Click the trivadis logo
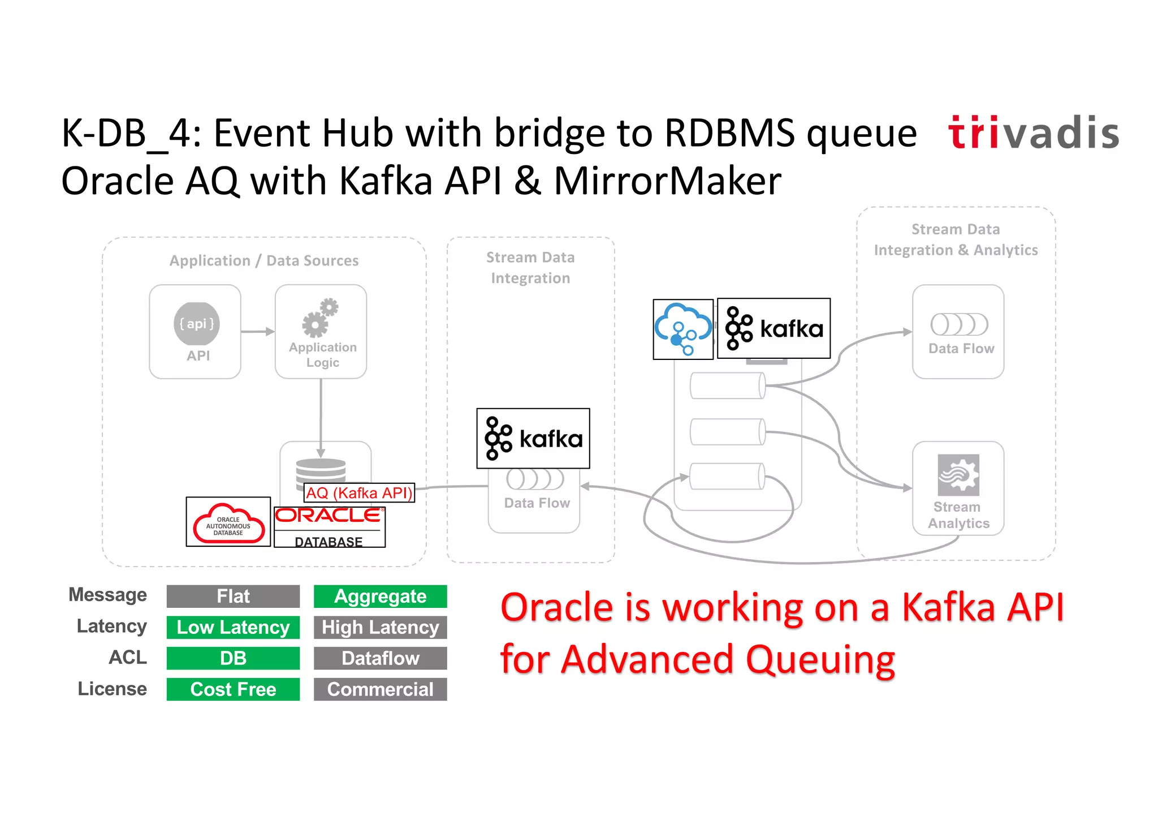coord(1033,133)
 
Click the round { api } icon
coord(196,324)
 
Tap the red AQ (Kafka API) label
coord(359,492)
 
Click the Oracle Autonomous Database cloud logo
coord(228,522)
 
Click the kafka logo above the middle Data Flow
coord(533,439)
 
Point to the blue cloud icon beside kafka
coord(683,329)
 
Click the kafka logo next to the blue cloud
coord(774,328)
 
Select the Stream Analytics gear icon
coord(958,475)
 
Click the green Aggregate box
coord(380,597)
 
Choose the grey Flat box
coord(233,597)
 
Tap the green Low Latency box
coord(233,627)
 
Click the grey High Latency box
coord(380,627)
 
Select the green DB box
coord(233,658)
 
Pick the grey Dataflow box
coord(380,658)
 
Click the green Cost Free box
coord(233,689)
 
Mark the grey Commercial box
coord(380,689)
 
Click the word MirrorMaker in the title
coord(667,181)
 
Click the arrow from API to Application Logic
coord(258,332)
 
